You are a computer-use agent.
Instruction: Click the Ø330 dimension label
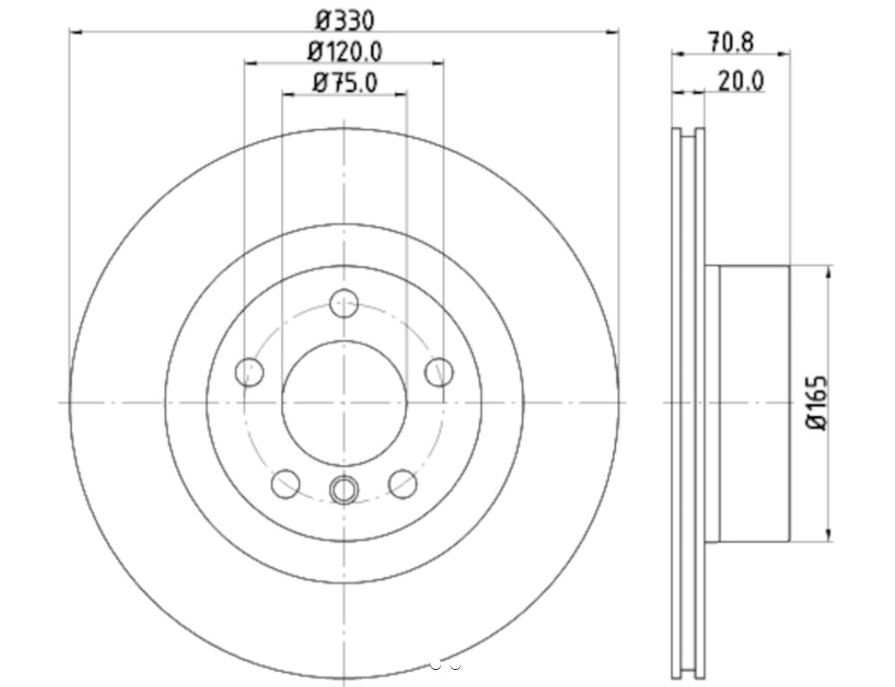point(345,18)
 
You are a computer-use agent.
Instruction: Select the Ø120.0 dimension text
point(345,51)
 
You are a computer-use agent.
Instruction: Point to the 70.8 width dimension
point(730,41)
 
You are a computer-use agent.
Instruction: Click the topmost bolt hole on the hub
point(344,303)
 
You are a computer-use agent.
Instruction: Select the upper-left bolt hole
point(249,372)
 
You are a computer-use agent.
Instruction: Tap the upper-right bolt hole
point(439,372)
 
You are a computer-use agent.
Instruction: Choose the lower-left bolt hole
point(286,484)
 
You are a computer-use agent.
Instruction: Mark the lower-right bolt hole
point(403,484)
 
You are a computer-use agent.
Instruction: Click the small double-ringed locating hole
point(344,489)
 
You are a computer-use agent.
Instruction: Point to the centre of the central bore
point(344,403)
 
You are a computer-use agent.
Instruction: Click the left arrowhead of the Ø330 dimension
point(74,31)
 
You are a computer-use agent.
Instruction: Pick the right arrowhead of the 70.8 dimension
point(785,55)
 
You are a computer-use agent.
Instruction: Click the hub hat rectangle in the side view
point(754,403)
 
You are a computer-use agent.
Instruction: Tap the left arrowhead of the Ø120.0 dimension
point(249,63)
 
